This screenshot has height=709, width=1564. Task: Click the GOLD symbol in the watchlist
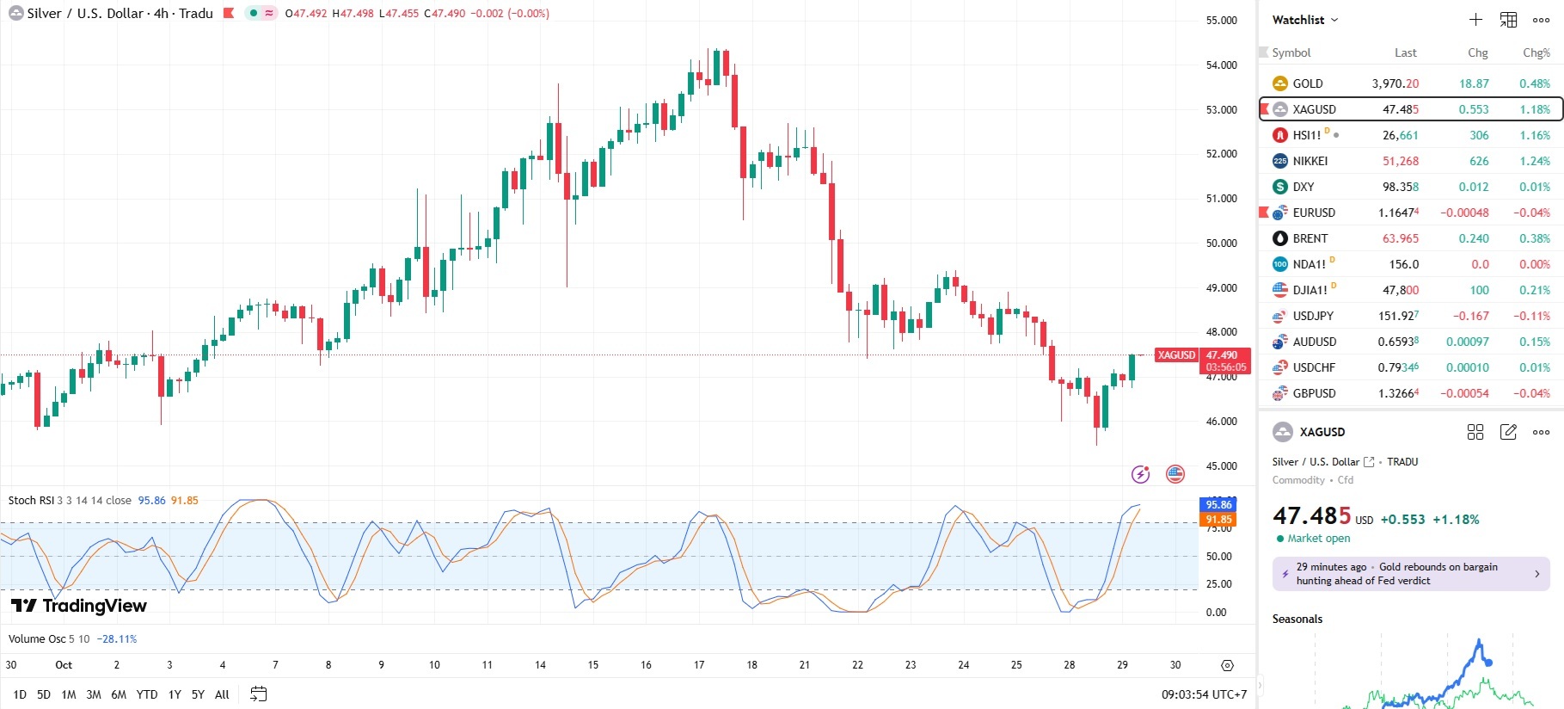point(1307,83)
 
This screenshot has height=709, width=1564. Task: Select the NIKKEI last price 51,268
point(1400,161)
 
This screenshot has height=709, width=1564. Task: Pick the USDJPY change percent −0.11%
point(1531,316)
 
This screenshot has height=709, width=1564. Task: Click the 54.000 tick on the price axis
point(1221,65)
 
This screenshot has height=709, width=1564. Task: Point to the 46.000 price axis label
point(1221,422)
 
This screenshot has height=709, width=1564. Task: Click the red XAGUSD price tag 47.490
point(1221,355)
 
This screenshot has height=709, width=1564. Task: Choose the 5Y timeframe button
point(198,694)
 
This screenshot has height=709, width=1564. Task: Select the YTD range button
point(147,694)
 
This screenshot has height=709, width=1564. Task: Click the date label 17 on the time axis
point(699,665)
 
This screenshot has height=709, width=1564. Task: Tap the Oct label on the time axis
point(64,665)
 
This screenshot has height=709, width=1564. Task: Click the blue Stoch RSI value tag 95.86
point(1217,504)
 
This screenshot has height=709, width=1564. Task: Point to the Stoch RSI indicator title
point(31,501)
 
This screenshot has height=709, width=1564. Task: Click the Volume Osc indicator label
point(37,639)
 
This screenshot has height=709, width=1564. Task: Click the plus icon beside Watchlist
point(1475,20)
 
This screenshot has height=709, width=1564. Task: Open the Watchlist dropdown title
point(1304,20)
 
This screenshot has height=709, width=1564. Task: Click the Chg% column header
point(1536,52)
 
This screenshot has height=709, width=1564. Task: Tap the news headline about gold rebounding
point(1410,574)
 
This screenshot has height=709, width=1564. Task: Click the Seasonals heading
point(1297,620)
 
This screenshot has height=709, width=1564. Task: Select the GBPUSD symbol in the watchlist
point(1314,393)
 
